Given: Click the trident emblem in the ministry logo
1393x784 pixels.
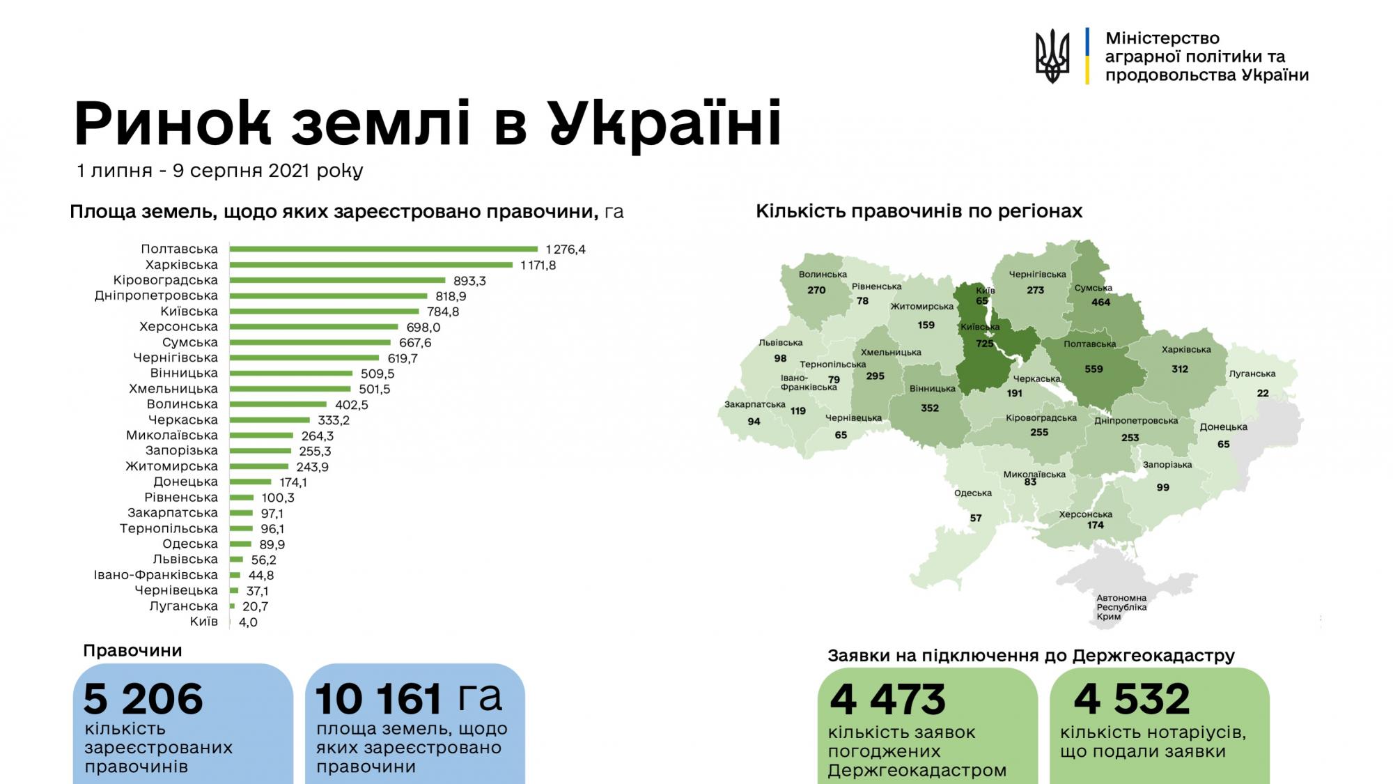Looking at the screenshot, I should point(1052,56).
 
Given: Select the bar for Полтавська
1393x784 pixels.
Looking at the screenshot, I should point(384,249).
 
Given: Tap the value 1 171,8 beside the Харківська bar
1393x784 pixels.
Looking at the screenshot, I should point(538,265).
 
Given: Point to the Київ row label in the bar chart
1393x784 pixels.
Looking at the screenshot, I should point(204,622).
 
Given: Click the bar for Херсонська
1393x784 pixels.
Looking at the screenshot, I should point(314,327).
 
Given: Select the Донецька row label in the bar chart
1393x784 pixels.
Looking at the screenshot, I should point(185,482).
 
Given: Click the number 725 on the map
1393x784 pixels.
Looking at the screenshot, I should point(984,344).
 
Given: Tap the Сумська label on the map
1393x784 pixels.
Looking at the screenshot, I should point(1093,288).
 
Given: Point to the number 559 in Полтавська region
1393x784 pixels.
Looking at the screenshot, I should point(1094,369).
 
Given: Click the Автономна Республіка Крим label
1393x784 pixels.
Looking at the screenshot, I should point(1121,607).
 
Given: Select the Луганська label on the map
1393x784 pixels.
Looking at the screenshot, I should point(1252,374).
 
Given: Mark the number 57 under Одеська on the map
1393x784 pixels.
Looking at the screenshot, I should point(976,518).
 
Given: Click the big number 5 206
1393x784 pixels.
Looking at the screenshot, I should point(143,699).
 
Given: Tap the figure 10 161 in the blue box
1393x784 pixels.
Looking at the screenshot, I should point(379,699).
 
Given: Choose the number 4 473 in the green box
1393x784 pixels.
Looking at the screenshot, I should point(887,700).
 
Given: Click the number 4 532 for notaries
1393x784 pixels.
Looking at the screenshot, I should point(1132,700).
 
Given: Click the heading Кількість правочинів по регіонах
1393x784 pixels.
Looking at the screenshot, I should point(919,211).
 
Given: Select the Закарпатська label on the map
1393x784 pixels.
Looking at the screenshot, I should point(754,404).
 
